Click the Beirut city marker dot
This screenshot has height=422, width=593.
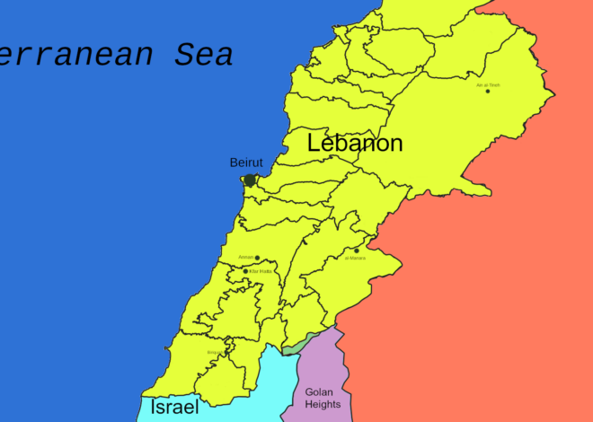[250, 180]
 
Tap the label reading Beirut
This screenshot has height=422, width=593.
[246, 163]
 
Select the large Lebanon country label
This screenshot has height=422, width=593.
[355, 143]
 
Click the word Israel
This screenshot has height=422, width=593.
[174, 407]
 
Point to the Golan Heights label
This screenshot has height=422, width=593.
[323, 398]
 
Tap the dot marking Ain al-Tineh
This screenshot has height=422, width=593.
[488, 91]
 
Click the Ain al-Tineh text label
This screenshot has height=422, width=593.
[488, 84]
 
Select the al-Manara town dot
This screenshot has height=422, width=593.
[357, 251]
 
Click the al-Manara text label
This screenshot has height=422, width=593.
[355, 259]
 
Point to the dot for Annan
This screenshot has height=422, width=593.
[257, 258]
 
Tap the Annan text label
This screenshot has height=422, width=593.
[245, 258]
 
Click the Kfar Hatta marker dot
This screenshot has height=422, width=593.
[245, 271]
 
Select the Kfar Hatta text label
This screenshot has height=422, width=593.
[261, 271]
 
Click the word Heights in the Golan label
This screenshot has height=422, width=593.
[323, 404]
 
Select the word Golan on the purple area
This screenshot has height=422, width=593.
[320, 391]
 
